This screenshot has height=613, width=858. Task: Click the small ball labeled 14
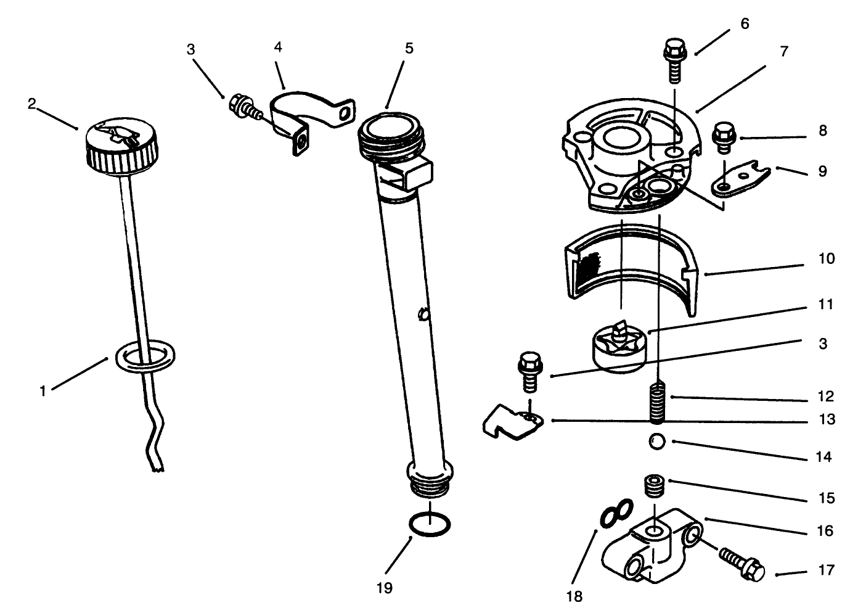[657, 442]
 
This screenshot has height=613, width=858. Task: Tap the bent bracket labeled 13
[511, 426]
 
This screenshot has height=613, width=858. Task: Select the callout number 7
[784, 52]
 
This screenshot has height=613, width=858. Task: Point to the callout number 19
[384, 588]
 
